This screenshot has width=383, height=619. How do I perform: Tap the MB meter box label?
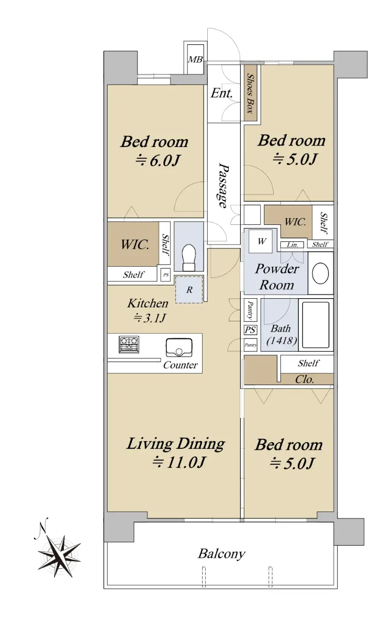coord(195,59)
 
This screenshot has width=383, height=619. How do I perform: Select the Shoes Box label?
coord(251,93)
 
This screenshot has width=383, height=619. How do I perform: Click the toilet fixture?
coord(189,257)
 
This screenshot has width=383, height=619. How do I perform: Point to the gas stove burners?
coord(129,345)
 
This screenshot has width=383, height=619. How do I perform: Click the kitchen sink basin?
coord(179,347)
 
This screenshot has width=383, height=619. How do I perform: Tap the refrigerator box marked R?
coord(189,289)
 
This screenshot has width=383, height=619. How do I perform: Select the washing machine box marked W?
coord(260,241)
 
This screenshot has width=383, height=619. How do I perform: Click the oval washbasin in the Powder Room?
coord(320,273)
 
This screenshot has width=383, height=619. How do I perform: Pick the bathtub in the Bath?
coord(315,324)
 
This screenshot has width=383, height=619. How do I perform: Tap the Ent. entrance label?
coord(222,93)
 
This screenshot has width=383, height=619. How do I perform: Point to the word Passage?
coord(223,185)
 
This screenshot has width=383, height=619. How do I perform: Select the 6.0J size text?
coord(158,160)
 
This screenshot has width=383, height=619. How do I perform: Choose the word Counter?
coord(180,365)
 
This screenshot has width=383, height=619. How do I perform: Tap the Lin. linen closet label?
coord(292,245)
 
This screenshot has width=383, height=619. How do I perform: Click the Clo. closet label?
coord(305,379)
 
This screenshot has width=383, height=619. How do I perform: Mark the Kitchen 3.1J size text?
coord(149,318)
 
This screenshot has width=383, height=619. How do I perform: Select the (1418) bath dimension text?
coord(281,340)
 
